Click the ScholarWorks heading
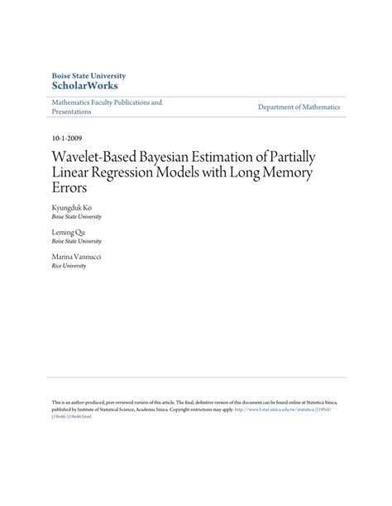84,85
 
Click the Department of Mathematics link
299,107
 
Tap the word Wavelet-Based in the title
93,156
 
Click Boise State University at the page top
89,73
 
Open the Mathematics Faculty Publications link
107,102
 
